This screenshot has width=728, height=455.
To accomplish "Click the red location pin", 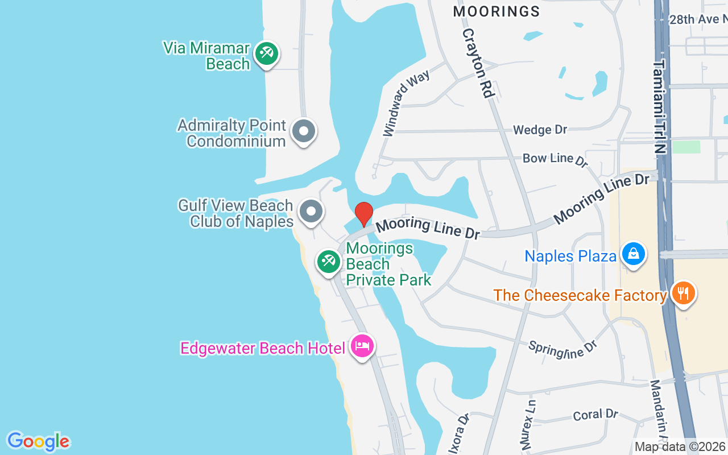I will pos(364,214).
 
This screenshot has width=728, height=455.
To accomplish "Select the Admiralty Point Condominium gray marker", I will pos(304,131).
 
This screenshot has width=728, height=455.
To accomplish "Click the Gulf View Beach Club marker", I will pos(311,212).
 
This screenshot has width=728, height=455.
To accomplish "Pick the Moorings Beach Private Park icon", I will pos(329,262).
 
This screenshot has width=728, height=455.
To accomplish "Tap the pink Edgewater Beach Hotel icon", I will pos(362,345).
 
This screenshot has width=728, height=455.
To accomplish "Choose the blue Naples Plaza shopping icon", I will pos(633,254).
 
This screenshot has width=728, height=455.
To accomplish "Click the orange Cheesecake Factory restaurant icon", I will pos(684,293).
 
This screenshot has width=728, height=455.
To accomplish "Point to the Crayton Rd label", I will pos(477,63).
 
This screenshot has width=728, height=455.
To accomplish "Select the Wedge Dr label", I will pos(540,130).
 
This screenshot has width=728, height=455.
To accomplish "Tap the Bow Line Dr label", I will pos(555,159).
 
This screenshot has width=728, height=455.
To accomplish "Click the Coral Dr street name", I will pos(595,415).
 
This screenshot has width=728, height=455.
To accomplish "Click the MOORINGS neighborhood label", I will pos(497,11).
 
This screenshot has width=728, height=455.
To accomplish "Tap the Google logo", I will pos(38,441).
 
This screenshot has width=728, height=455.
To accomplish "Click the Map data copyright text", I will pos(680,447).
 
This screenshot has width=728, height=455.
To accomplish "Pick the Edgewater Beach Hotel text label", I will pos(263,348).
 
